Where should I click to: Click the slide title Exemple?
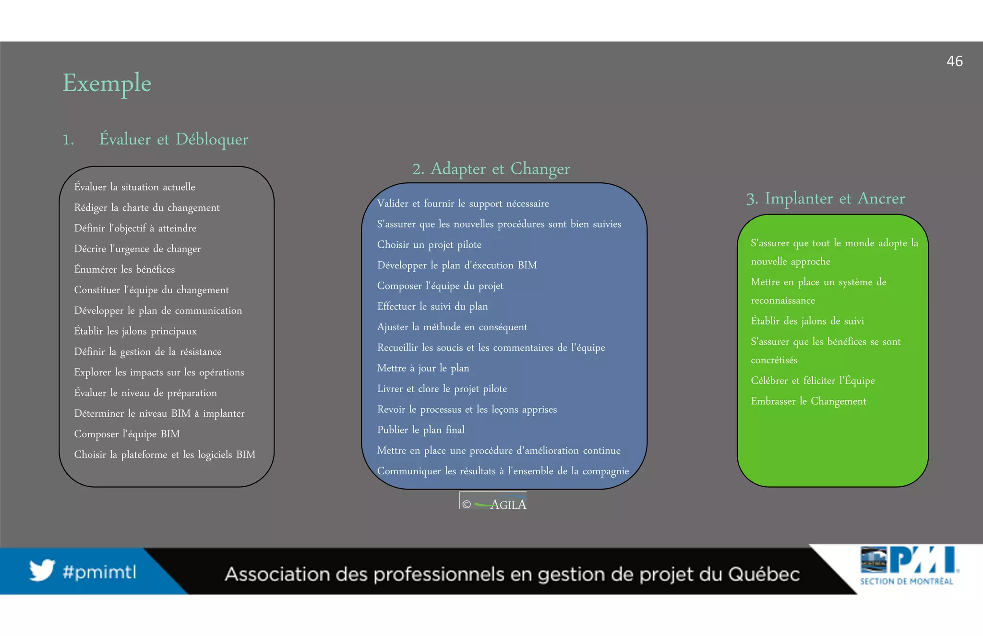point(107,83)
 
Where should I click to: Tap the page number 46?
point(954,61)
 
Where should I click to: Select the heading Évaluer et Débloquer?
point(173,139)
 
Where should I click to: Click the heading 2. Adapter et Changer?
point(491,169)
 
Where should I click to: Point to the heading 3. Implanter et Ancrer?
point(825,198)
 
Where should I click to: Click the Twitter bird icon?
point(42,570)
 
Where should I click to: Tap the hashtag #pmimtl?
point(99,572)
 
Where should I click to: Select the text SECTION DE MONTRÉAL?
point(906,581)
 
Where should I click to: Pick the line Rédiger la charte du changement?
point(147,208)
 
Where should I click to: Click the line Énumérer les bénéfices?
point(124,269)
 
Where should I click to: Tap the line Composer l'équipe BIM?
point(127,434)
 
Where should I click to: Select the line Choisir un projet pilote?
point(429,245)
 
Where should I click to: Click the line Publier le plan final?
point(420,430)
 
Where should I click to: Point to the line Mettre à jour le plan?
point(423,368)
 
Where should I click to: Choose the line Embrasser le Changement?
point(808,401)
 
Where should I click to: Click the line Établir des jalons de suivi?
point(807,321)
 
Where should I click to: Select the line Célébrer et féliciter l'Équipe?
point(813,381)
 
